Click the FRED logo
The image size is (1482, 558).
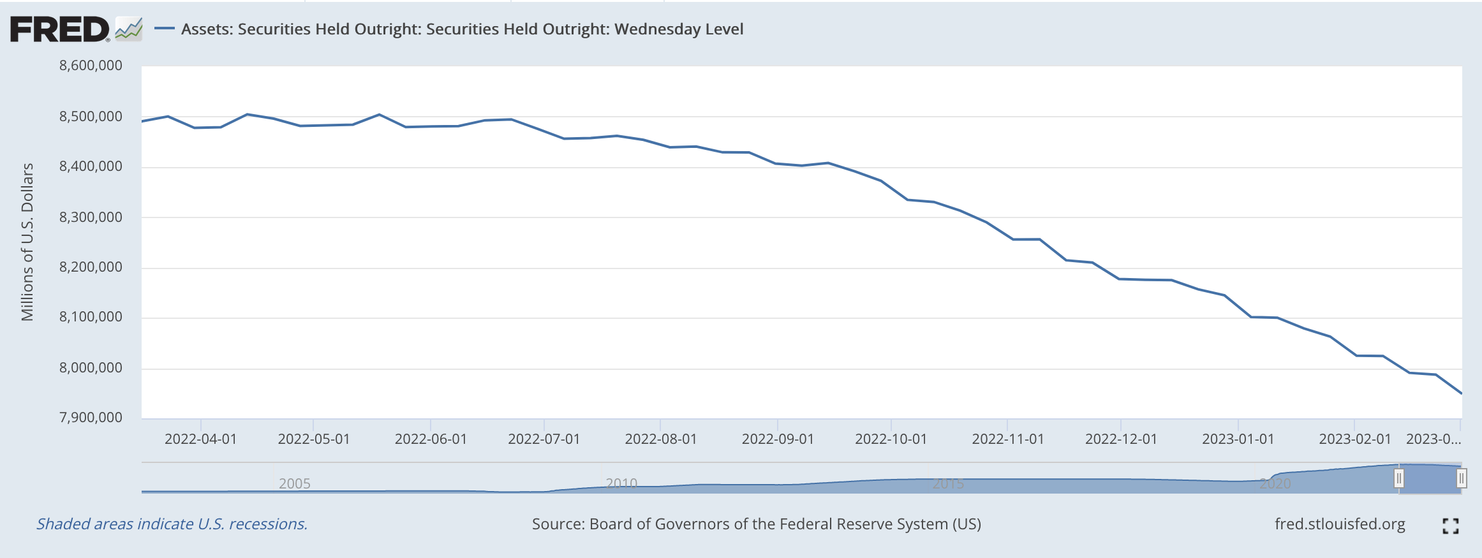coord(59,29)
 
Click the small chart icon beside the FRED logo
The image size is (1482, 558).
coord(129,29)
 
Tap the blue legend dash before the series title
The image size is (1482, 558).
coord(165,29)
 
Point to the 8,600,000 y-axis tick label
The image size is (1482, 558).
coord(91,66)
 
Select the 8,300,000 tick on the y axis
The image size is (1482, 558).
coord(91,217)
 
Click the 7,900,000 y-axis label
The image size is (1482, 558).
coord(91,418)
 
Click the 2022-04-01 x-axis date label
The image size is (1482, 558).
coord(200,439)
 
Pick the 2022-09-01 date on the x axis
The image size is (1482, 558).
coord(778,439)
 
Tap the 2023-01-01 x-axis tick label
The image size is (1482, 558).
coord(1238,439)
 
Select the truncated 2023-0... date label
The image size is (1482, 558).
coord(1433,439)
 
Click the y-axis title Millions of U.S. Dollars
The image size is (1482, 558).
coord(27,242)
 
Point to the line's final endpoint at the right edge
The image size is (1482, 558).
coord(1460,393)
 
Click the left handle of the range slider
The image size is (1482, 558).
coord(1398,478)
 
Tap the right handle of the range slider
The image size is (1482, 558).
coord(1461,478)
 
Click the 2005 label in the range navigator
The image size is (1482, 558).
coord(294,483)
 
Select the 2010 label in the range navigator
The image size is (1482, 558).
coord(621,483)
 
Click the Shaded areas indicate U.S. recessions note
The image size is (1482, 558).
coord(172,524)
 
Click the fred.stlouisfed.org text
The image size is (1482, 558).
coord(1339,524)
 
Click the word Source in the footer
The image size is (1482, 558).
coord(557,524)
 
